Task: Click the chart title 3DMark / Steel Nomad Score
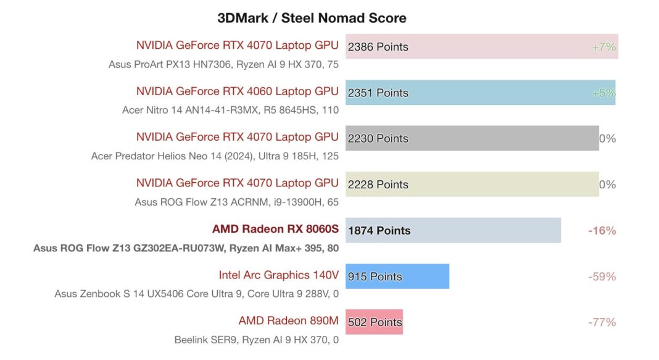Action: coord(312,18)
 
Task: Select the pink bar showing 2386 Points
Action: coord(481,46)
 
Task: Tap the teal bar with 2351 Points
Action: coord(480,93)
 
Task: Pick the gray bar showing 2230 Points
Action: coord(472,138)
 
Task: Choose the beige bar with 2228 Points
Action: coord(472,184)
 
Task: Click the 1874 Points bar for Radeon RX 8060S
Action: coord(453,230)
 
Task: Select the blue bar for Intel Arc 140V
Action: coord(397,276)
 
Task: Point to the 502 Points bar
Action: coord(374,322)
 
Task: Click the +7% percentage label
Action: coord(603,47)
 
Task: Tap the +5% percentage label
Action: coord(603,93)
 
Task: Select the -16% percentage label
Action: coord(602,230)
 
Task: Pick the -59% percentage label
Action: coord(602,276)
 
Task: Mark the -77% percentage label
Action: coord(602,322)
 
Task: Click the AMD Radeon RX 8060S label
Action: coord(275,229)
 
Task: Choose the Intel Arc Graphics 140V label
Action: coord(278,275)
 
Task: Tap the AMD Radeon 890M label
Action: coord(288,320)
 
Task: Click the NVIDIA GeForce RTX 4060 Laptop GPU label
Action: coord(237,91)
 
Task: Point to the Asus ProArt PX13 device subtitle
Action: coord(223,64)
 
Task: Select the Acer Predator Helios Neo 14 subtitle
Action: coord(214,156)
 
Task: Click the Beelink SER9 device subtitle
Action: coord(256,340)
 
